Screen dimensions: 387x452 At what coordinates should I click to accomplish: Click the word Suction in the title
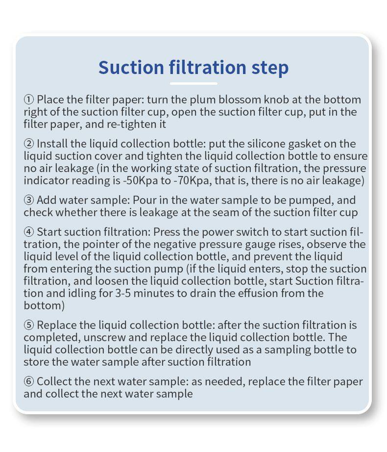[131, 67]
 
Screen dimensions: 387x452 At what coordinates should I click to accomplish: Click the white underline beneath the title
[193, 84]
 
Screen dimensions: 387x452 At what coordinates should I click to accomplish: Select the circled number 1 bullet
[29, 100]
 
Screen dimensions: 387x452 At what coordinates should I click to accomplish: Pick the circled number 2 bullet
[29, 144]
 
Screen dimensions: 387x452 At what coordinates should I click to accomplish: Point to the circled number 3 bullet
[29, 200]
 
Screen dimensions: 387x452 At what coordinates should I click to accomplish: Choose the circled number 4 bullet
[29, 232]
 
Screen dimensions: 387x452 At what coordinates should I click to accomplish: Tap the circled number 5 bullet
[29, 325]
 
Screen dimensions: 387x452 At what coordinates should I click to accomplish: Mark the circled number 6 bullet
[29, 382]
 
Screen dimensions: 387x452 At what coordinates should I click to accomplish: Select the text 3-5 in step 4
[123, 294]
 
